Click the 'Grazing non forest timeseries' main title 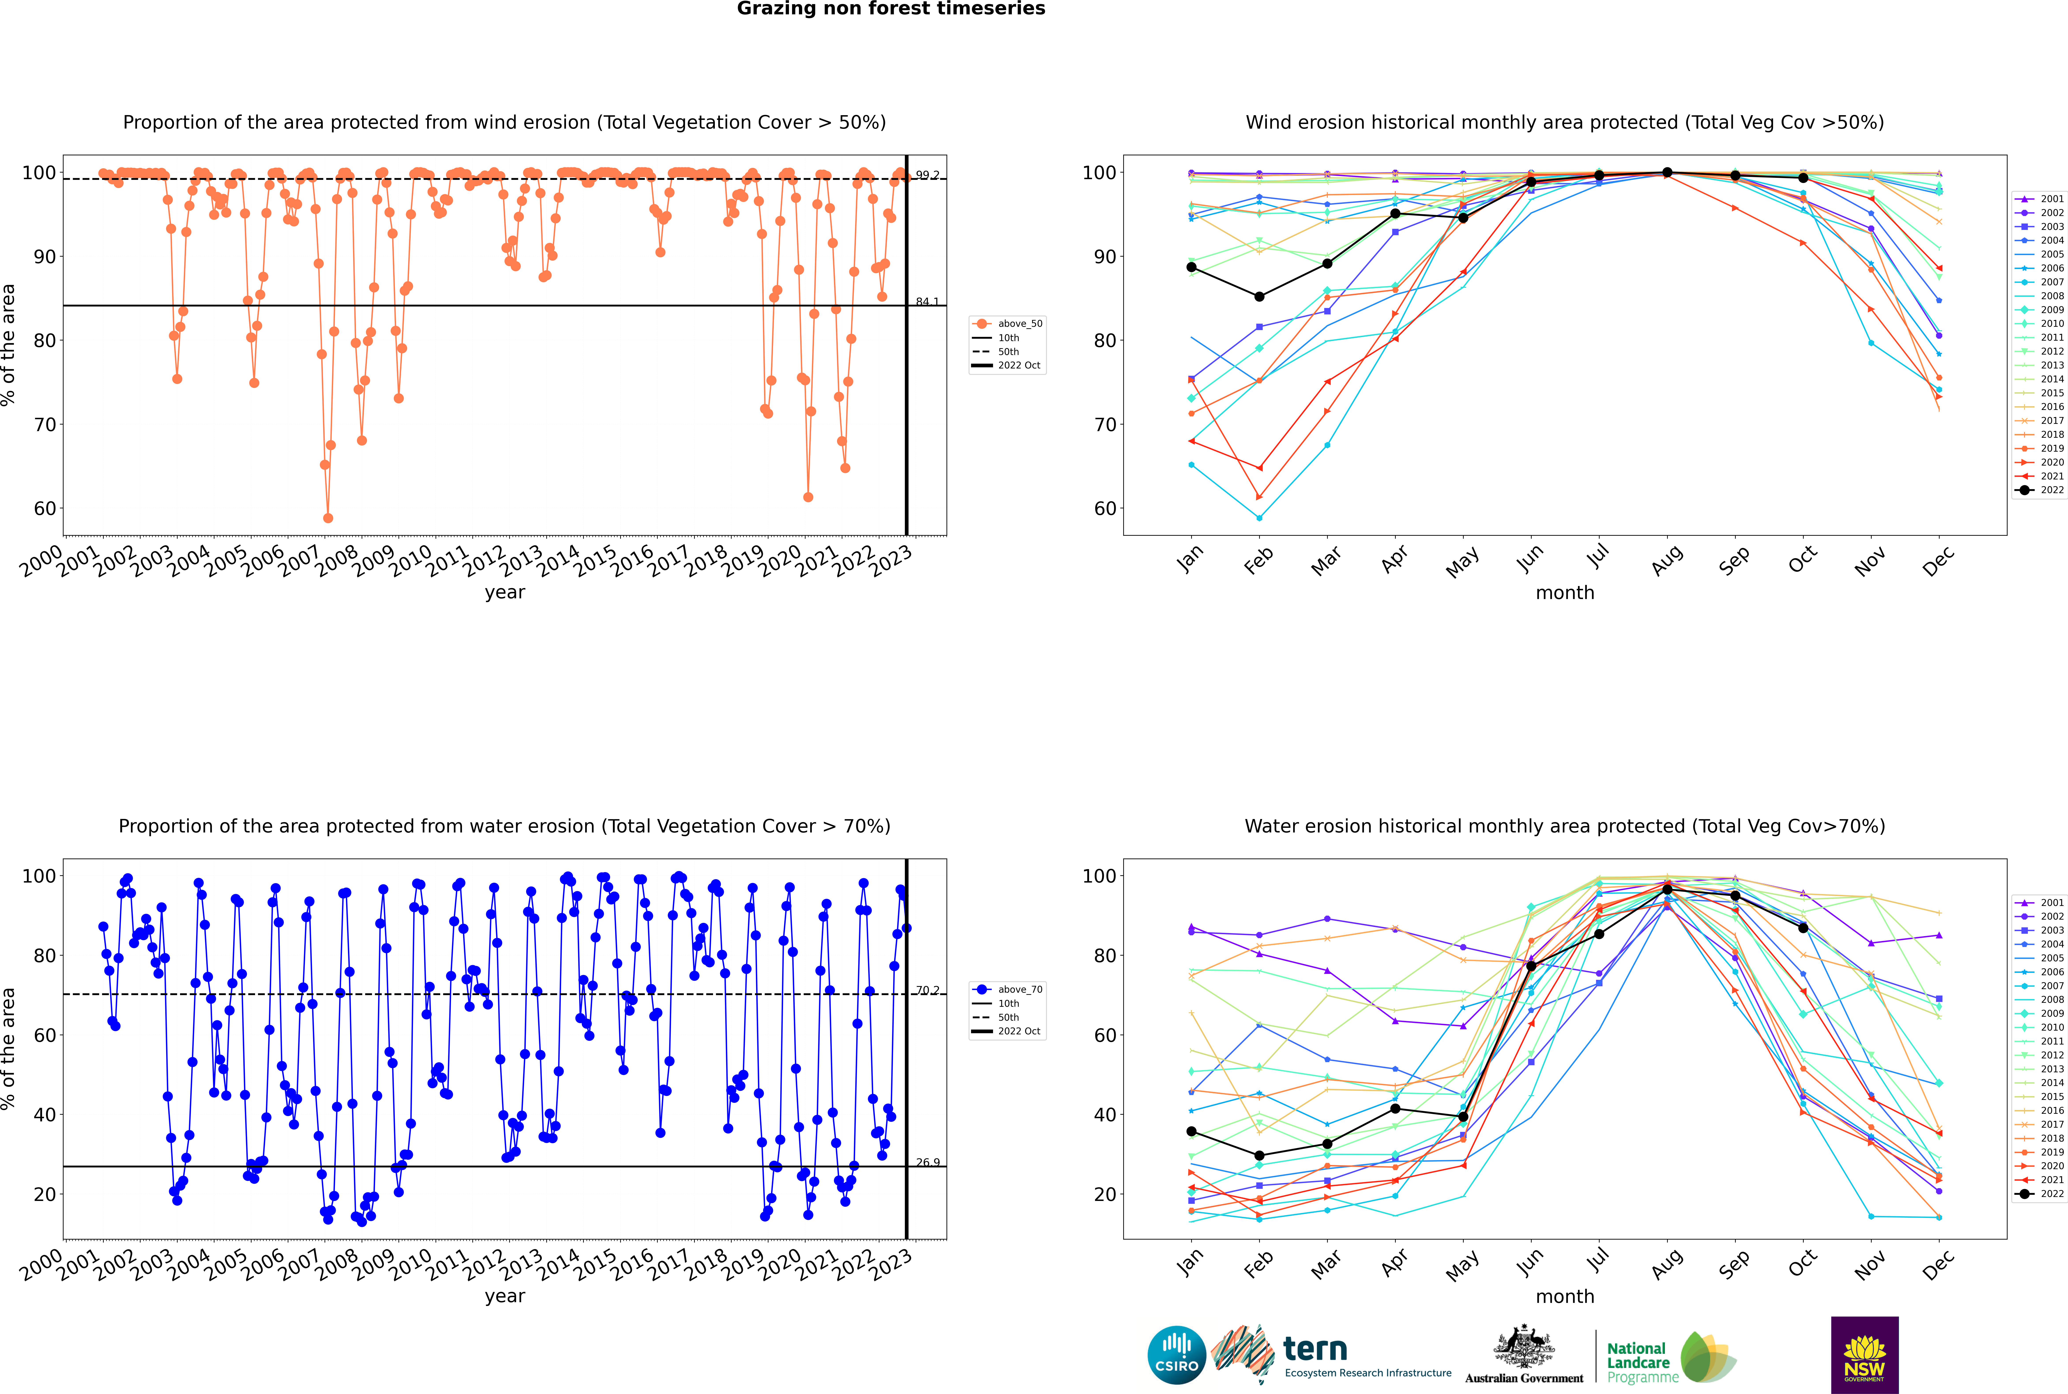(891, 9)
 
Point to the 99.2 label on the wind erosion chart (927, 175)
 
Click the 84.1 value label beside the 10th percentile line (927, 301)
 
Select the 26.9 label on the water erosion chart (927, 1162)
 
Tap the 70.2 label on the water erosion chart (927, 990)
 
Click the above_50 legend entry (1008, 324)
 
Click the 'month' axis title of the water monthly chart (1565, 1296)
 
